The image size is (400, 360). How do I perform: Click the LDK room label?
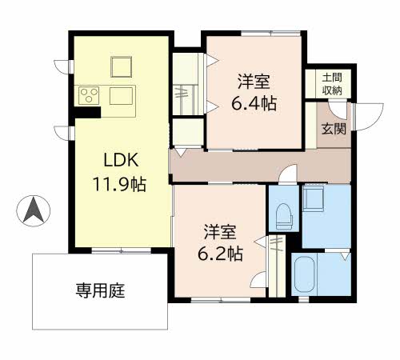[x=118, y=158]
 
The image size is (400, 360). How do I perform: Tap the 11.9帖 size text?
[x=118, y=183]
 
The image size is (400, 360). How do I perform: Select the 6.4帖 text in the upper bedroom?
[x=253, y=104]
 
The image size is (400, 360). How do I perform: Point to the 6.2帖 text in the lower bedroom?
[x=221, y=255]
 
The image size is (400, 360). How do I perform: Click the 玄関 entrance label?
[x=334, y=127]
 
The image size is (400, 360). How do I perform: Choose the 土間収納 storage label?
[x=332, y=83]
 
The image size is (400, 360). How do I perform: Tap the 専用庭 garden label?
[x=100, y=290]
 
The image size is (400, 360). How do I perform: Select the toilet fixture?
[x=282, y=214]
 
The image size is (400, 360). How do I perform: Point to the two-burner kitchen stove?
[x=87, y=96]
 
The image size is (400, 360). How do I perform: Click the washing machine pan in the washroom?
[x=314, y=198]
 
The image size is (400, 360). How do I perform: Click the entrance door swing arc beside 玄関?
[x=365, y=118]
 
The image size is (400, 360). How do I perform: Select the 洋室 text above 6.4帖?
[x=253, y=82]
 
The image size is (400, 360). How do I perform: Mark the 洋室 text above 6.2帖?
[x=221, y=233]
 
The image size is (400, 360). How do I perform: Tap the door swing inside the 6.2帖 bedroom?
[x=258, y=281]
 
